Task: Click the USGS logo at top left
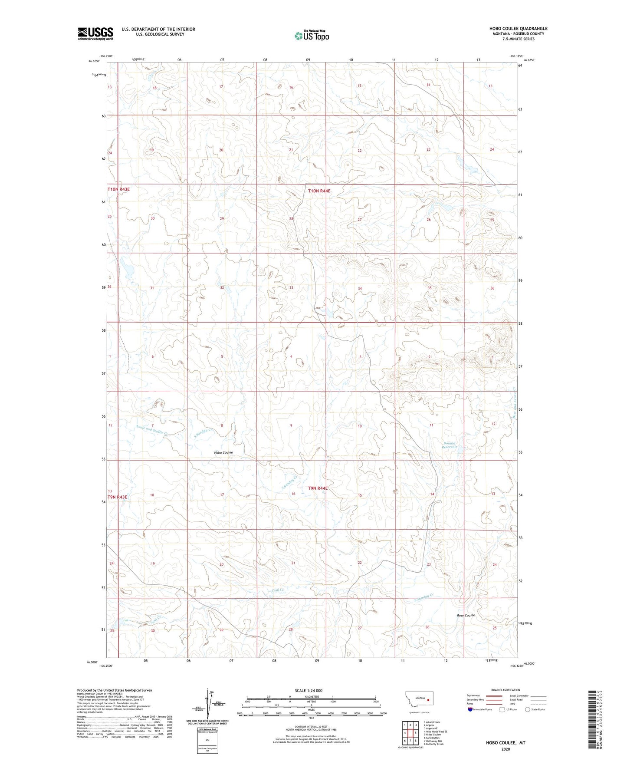pyautogui.click(x=95, y=33)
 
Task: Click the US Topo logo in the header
pyautogui.click(x=311, y=36)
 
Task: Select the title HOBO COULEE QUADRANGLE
pyautogui.click(x=518, y=29)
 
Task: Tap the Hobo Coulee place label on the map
pyautogui.click(x=223, y=452)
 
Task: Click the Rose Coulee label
pyautogui.click(x=466, y=615)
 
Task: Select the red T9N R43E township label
pyautogui.click(x=118, y=497)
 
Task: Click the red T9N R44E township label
pyautogui.click(x=318, y=488)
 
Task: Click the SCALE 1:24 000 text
pyautogui.click(x=309, y=690)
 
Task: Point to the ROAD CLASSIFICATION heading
pyautogui.click(x=506, y=690)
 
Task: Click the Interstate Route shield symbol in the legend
pyautogui.click(x=471, y=709)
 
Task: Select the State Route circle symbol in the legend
pyautogui.click(x=528, y=709)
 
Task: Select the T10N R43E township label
pyautogui.click(x=118, y=190)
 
